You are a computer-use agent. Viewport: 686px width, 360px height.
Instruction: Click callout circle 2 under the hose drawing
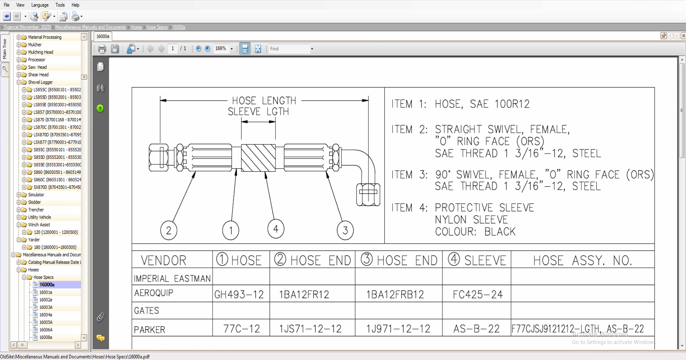tap(168, 231)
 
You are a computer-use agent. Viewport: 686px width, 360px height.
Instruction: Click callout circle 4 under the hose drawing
tap(276, 229)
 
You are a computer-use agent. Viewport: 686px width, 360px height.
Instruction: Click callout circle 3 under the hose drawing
tap(345, 230)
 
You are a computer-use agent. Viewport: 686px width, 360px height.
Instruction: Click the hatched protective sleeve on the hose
tap(258, 158)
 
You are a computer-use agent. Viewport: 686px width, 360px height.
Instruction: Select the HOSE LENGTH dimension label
tap(264, 101)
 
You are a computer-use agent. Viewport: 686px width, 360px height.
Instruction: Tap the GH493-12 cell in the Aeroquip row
tap(239, 295)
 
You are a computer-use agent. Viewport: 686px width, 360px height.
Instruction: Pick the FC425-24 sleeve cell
tap(478, 295)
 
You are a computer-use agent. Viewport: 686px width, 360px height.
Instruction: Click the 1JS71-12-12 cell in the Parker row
tap(310, 329)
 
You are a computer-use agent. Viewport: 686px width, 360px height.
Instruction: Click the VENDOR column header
tap(164, 261)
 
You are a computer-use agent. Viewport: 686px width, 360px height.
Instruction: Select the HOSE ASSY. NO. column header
tap(582, 261)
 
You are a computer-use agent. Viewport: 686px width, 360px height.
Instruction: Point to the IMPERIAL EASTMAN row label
tap(172, 278)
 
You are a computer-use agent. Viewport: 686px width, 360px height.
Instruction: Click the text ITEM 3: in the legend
tap(409, 175)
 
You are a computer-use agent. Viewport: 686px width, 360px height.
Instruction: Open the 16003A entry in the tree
tap(46, 307)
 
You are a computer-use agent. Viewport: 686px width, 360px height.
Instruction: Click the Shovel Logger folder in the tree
tap(40, 82)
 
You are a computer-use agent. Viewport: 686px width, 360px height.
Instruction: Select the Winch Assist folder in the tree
tap(39, 225)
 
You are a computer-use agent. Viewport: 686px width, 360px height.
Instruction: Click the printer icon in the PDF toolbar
tap(102, 49)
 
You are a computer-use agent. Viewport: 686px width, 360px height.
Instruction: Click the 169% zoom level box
tap(221, 49)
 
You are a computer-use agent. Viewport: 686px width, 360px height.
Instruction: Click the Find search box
tap(289, 49)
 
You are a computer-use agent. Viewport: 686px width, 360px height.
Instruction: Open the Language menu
tap(40, 5)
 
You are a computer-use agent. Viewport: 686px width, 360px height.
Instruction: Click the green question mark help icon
tap(100, 108)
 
